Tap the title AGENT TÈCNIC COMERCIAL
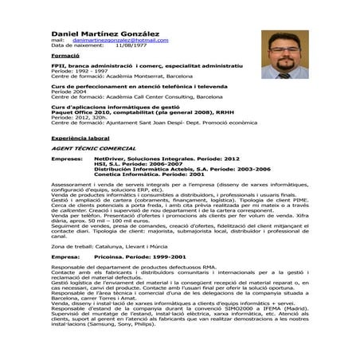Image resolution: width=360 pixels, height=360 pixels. tap(88, 148)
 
